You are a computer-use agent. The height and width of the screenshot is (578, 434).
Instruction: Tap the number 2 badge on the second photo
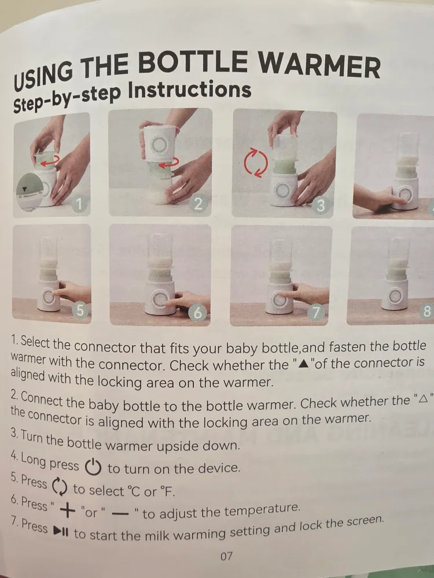click(198, 204)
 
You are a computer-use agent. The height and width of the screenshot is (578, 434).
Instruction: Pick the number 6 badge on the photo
click(198, 313)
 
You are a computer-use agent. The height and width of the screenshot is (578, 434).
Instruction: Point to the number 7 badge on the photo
click(318, 313)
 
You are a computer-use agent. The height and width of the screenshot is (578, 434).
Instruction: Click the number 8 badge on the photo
click(427, 312)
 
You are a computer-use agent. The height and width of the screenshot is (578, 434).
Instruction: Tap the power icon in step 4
click(93, 466)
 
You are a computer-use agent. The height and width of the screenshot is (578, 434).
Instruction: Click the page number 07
click(226, 557)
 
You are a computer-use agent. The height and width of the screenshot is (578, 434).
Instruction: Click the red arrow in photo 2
click(168, 165)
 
